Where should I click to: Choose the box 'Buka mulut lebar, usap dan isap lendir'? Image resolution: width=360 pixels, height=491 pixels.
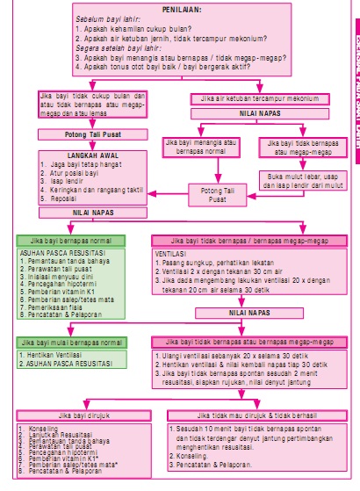pyautogui.click(x=301, y=181)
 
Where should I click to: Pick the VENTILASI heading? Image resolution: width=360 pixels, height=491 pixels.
pyautogui.click(x=173, y=251)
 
